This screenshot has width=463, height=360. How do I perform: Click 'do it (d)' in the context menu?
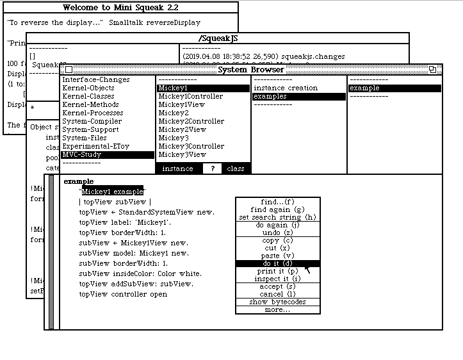[277, 263]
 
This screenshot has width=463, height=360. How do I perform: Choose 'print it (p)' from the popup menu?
[277, 271]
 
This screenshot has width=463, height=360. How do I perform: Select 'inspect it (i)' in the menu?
[277, 279]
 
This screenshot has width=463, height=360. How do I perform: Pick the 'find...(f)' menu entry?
[277, 202]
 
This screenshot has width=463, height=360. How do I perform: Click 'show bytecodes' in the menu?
[277, 302]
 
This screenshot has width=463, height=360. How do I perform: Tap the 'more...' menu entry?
[277, 309]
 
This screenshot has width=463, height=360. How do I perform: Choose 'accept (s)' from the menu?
[277, 286]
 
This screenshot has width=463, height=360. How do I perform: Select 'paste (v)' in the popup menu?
[277, 256]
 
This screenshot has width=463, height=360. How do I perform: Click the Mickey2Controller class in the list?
[191, 121]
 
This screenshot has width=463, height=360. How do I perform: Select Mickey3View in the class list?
[183, 154]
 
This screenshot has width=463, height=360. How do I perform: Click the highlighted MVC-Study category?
[82, 154]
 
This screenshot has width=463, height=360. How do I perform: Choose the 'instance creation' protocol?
[285, 88]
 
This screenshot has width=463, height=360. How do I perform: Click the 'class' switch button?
[235, 168]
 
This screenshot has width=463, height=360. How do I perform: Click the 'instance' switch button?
[177, 168]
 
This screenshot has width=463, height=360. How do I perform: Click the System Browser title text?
[250, 70]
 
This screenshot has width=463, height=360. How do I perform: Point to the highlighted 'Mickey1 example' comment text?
[113, 191]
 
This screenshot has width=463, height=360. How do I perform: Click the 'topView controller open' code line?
[123, 294]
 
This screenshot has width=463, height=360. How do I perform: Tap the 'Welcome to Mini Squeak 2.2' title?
[119, 8]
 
